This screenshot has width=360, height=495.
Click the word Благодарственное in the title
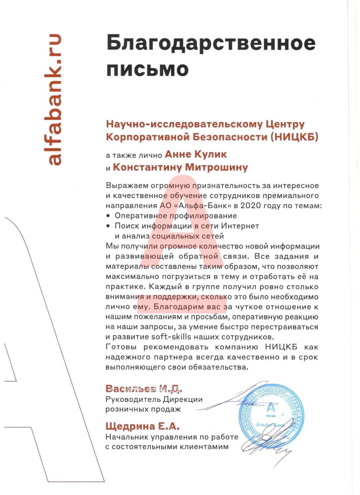211,43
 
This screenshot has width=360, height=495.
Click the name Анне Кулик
196,154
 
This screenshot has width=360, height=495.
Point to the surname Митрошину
216,167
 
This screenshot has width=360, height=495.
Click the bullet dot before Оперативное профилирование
108,216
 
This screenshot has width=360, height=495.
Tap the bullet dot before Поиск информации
108,226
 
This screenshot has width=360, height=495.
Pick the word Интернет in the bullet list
240,226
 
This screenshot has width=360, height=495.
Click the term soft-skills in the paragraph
171,337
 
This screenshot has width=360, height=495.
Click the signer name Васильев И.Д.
144,389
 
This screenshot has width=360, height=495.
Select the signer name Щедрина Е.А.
142,426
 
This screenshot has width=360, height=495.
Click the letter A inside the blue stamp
271,408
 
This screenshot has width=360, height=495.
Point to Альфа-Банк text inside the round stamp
270,425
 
